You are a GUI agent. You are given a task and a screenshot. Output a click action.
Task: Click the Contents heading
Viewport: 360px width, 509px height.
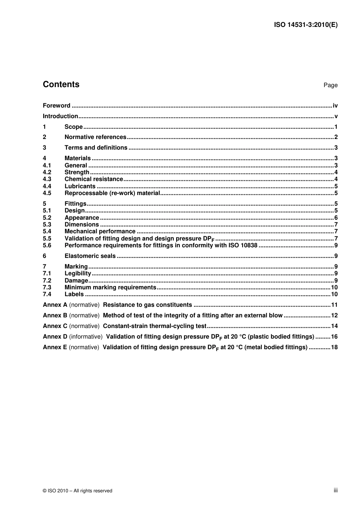tap(61, 84)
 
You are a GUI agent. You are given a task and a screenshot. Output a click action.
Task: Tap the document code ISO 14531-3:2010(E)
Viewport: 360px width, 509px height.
tap(305, 25)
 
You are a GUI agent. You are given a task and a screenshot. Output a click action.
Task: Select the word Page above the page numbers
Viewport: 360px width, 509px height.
tap(330, 85)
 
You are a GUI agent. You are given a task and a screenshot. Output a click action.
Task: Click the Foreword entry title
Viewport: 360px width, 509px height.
tap(56, 106)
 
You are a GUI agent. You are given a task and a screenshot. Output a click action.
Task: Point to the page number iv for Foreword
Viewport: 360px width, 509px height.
tap(335, 106)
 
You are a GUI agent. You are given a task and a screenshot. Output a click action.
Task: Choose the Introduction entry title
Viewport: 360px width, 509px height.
tap(60, 116)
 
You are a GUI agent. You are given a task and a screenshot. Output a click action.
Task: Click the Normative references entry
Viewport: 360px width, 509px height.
tap(95, 137)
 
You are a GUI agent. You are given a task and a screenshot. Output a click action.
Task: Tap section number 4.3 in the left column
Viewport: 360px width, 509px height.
tap(47, 179)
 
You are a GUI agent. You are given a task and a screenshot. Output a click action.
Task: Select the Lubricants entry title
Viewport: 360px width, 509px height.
tap(80, 186)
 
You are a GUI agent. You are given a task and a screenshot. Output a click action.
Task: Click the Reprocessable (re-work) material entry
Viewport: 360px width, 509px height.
tap(112, 193)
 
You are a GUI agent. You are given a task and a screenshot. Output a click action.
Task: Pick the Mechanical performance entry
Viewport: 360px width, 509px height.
tap(100, 231)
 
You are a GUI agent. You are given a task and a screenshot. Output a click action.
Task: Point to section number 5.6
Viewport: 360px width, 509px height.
tap(47, 245)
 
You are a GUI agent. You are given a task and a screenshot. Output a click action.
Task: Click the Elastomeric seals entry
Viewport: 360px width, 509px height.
tap(90, 256)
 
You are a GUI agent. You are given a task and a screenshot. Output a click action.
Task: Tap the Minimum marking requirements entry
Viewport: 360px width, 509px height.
tap(110, 287)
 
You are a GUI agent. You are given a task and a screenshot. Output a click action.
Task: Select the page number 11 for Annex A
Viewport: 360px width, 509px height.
tap(334, 305)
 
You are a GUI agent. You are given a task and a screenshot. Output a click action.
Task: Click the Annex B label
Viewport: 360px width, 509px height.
tap(55, 315)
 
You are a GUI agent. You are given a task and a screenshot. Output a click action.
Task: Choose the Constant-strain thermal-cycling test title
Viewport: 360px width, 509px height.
tap(155, 326)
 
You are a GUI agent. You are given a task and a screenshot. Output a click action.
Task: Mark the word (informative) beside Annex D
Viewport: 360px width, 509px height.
tap(86, 337)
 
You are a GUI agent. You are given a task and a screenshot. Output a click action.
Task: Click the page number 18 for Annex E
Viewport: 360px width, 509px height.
tap(334, 347)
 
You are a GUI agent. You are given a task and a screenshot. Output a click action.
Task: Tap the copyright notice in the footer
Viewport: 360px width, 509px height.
tap(77, 491)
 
